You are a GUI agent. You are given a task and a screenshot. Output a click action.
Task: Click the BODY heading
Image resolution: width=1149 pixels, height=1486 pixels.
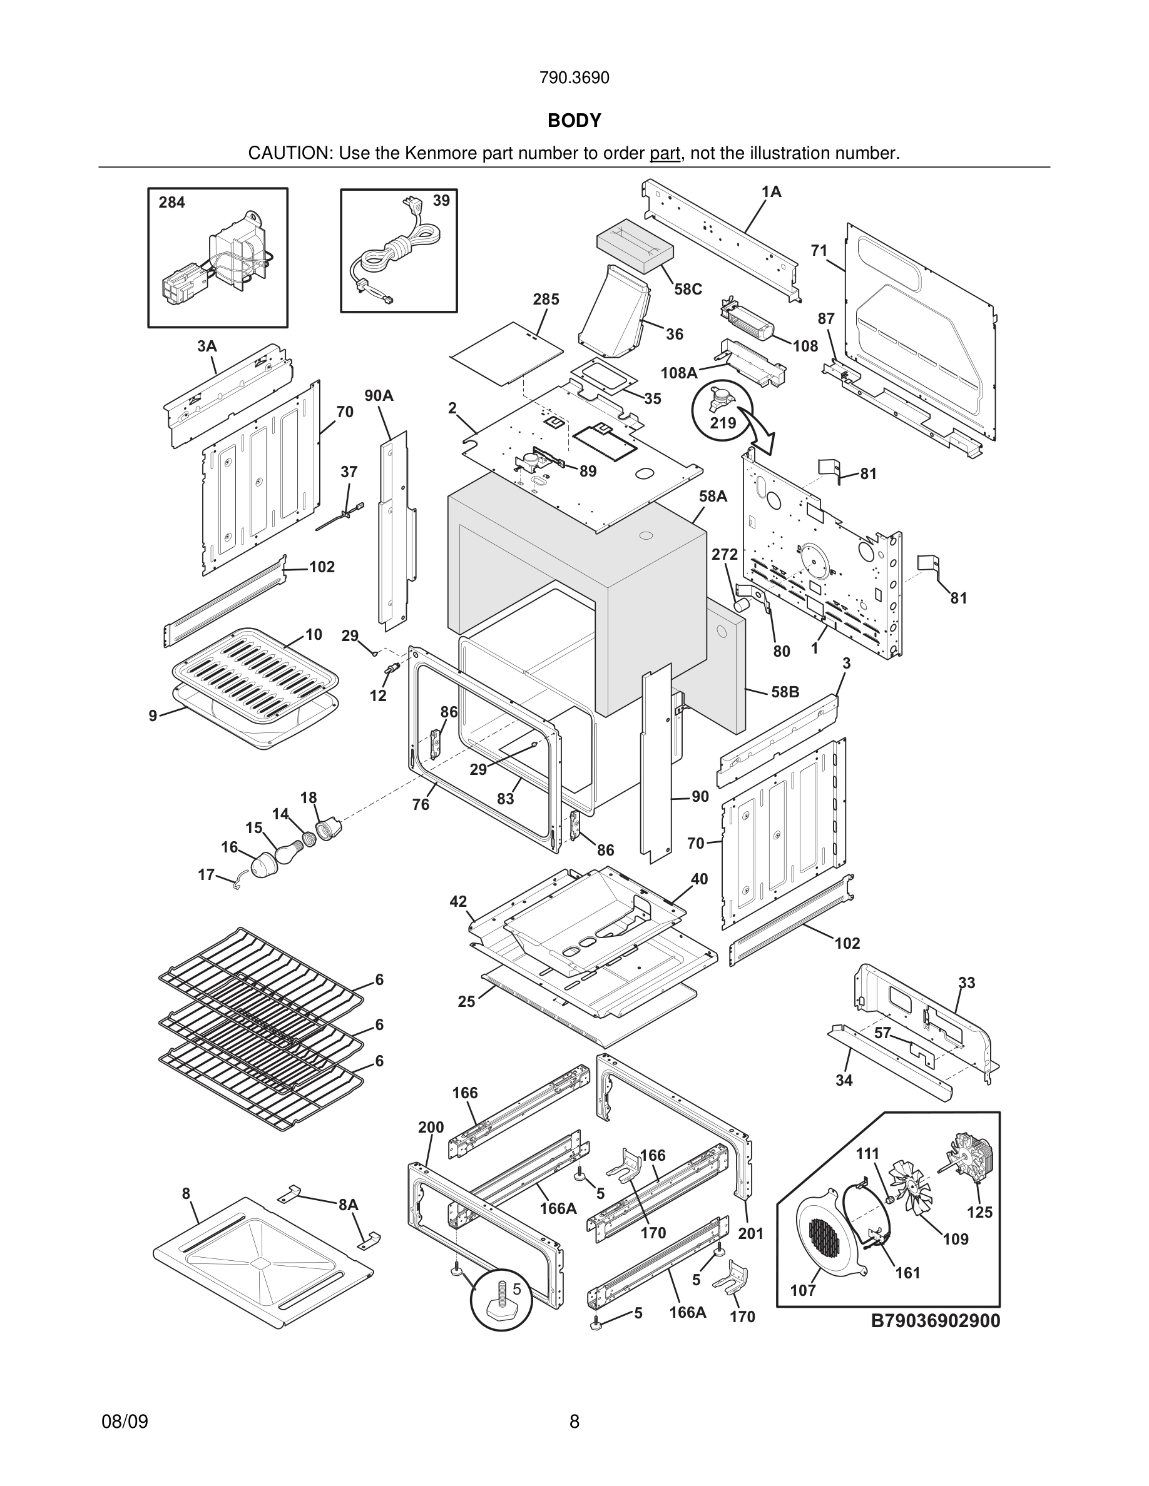(574, 121)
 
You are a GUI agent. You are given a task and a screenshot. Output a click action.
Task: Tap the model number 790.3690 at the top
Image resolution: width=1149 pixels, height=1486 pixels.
(574, 78)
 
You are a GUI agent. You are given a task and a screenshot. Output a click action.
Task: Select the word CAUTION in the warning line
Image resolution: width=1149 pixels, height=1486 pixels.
(289, 153)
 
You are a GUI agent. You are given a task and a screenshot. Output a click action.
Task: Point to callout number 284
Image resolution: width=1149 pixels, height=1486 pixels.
(171, 202)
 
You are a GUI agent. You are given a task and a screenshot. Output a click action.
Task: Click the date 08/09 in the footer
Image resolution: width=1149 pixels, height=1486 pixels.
(125, 1421)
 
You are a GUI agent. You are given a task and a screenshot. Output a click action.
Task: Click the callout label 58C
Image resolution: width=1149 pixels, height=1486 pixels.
(688, 289)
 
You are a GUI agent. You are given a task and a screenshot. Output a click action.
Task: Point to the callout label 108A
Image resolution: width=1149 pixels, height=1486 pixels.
(678, 373)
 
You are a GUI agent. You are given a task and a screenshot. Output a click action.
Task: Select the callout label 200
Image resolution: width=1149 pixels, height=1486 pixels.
(431, 1128)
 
